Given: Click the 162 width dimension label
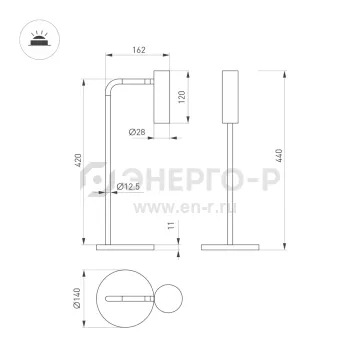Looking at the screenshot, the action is [139, 50].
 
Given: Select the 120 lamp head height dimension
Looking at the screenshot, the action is [182, 97].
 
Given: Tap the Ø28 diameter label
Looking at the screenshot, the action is [137, 132].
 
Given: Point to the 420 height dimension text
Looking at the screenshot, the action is [78, 160].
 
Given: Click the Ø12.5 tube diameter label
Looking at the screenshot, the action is [128, 187].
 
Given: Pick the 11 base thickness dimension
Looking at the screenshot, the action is [171, 225].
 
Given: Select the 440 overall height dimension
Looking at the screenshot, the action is [279, 156].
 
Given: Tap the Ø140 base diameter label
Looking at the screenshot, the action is [77, 298].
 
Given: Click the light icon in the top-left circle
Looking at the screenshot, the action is [40, 40].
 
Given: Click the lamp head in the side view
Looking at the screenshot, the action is [162, 97].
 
